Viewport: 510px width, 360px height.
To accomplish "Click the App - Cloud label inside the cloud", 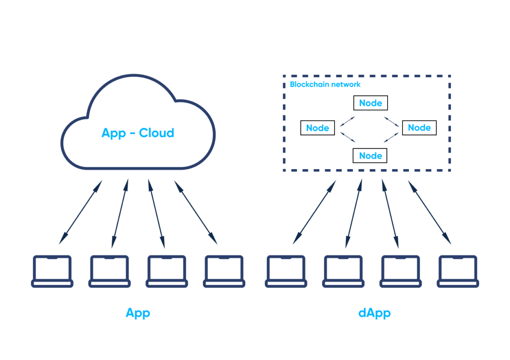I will pos(138,133).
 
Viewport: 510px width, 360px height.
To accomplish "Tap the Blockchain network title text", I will pos(325,84).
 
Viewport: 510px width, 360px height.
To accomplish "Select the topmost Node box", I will pos(370,103).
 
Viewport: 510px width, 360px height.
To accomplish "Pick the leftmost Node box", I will pos(317,128).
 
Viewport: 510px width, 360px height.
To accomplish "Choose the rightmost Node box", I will pos(419,128).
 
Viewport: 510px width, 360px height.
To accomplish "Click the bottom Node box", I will pos(370,156).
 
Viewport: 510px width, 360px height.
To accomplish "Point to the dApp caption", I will pos(374,314).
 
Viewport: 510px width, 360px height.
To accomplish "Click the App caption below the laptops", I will pos(138,313).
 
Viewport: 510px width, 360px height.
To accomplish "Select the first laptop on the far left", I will pos(52,271).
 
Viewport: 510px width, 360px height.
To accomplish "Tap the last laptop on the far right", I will pos(458,271).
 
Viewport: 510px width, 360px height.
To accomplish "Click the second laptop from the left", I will pos(109,271).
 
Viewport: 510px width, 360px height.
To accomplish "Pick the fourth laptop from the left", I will pos(224,271).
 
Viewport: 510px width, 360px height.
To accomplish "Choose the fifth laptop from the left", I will pos(286,271).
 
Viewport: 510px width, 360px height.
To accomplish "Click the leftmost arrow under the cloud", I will pos(81,212).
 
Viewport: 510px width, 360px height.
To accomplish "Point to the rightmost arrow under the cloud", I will pos(195,212).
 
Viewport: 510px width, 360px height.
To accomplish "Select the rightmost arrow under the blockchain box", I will pos(430,212).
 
